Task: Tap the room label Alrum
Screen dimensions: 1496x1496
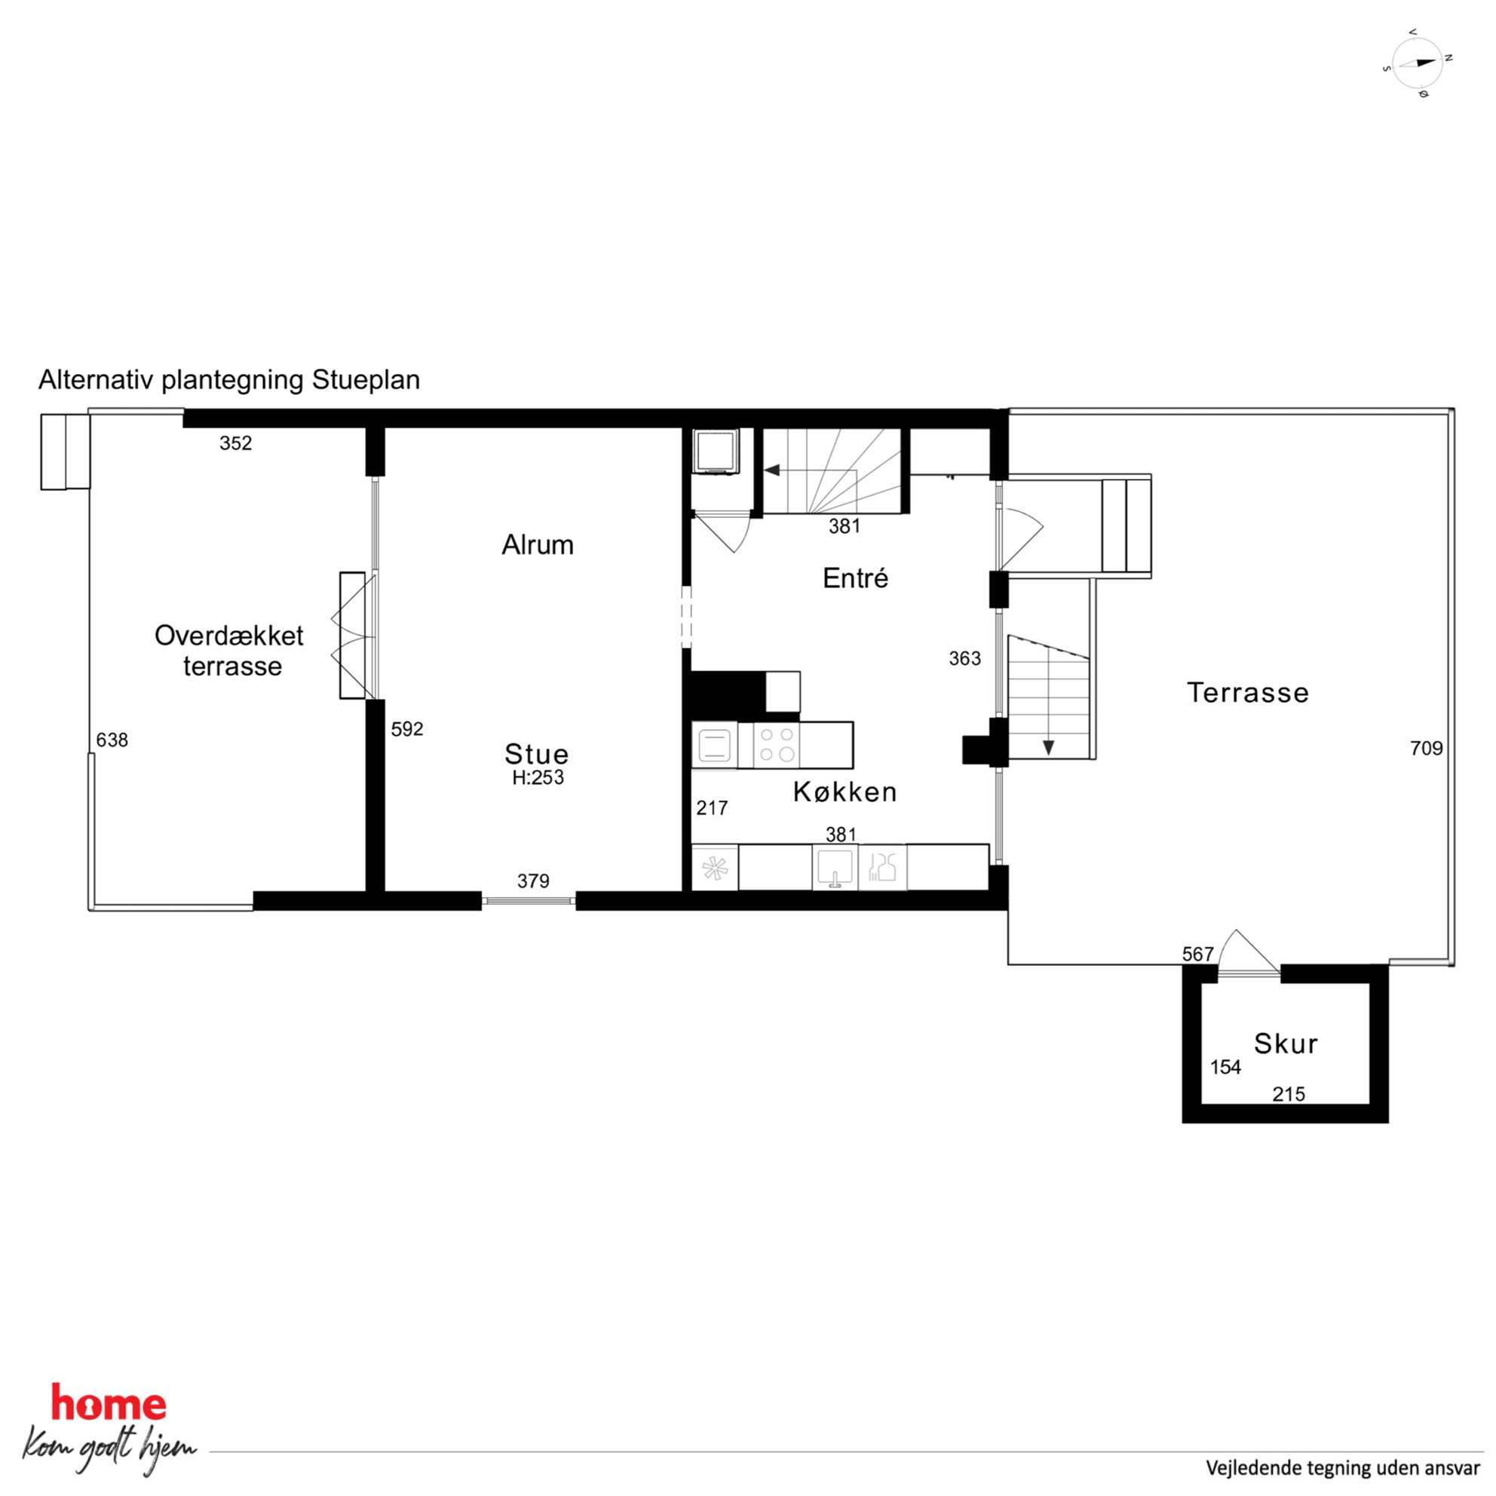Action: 538,545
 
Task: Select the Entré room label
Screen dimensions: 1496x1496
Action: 855,578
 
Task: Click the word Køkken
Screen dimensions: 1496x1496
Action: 845,792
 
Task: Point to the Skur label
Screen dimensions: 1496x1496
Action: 1286,1044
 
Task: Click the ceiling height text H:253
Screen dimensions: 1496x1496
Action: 538,777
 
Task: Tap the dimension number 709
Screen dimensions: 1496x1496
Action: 1427,748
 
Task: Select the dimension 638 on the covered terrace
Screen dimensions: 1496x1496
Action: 112,740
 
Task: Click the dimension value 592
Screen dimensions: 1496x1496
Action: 407,729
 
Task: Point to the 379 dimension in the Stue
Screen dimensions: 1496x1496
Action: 534,881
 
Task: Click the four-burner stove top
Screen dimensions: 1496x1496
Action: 777,745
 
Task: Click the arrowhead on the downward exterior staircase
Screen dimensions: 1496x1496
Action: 1048,748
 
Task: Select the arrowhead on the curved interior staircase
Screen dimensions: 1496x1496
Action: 772,470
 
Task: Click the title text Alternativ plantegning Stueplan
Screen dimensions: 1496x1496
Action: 229,380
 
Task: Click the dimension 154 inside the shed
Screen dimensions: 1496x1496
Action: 1226,1068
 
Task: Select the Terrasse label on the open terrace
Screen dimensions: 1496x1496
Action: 1248,693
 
